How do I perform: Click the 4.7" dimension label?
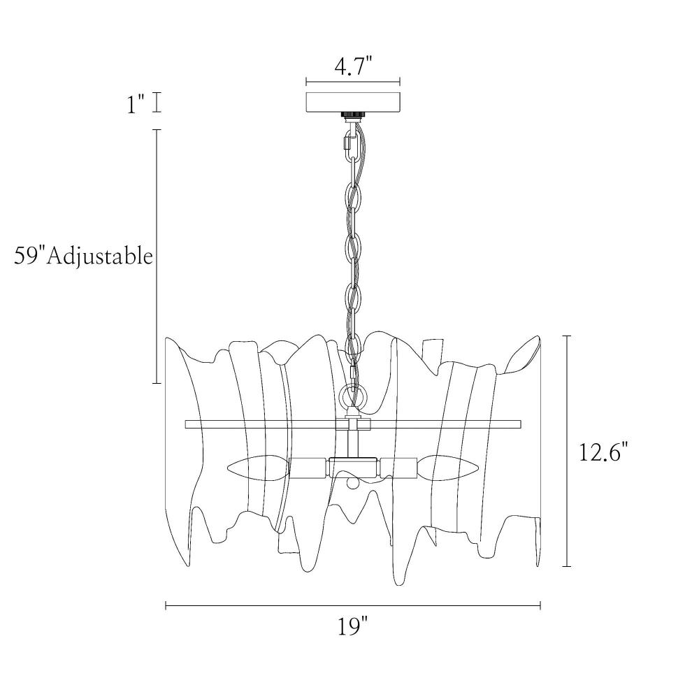[353, 67]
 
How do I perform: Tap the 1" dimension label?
[136, 106]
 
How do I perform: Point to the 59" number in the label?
[29, 256]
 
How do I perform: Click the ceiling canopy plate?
[352, 102]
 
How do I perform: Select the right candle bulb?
[448, 468]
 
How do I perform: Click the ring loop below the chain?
[352, 396]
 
